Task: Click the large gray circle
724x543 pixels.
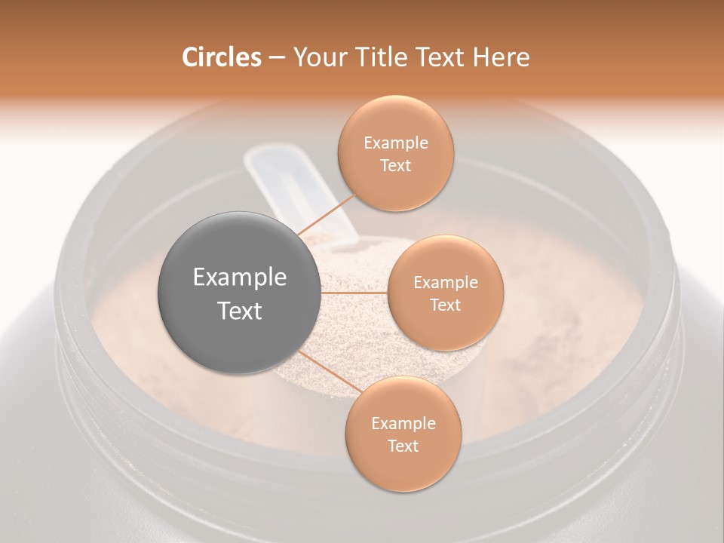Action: coord(238,292)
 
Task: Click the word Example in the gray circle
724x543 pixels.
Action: coord(240,278)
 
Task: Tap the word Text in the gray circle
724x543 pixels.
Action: coord(240,311)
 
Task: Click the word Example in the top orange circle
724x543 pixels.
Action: coord(396,143)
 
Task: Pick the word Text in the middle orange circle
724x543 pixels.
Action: coord(445,305)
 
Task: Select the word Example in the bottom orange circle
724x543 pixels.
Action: coord(403,424)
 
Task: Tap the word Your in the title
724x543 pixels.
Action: coord(315,57)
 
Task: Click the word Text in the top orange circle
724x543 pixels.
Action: coord(395,166)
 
